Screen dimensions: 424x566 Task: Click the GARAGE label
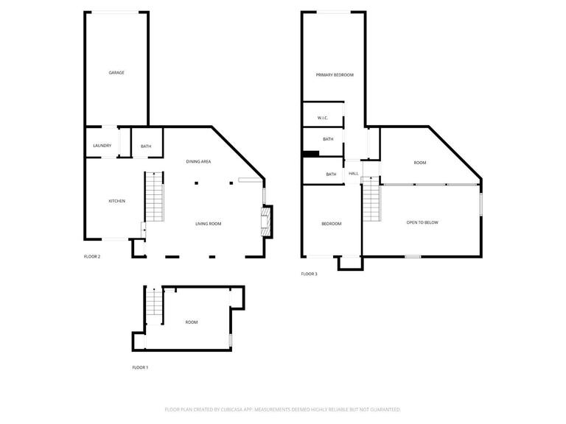[116, 73]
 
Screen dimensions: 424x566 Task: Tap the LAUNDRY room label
[102, 146]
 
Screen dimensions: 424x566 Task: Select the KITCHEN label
[116, 201]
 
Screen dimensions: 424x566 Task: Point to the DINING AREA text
[198, 161]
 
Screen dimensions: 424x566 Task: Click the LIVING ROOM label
[208, 224]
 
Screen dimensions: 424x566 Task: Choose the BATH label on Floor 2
[146, 146]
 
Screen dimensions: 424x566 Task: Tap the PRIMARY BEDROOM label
[335, 75]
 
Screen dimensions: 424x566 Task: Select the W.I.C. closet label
[322, 118]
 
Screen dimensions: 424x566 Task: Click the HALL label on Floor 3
[354, 174]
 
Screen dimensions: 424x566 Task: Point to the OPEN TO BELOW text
[422, 222]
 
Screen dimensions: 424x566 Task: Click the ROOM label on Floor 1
[192, 322]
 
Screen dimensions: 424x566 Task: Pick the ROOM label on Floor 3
[420, 163]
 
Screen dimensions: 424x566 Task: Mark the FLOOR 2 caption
[92, 257]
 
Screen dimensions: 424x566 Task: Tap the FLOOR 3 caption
[309, 274]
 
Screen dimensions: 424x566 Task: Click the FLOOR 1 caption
[140, 367]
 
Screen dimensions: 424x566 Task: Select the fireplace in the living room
[266, 221]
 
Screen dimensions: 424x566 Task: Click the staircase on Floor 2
[153, 197]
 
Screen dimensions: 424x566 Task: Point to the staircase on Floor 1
[153, 303]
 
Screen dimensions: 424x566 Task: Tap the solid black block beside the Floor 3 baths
[311, 154]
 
